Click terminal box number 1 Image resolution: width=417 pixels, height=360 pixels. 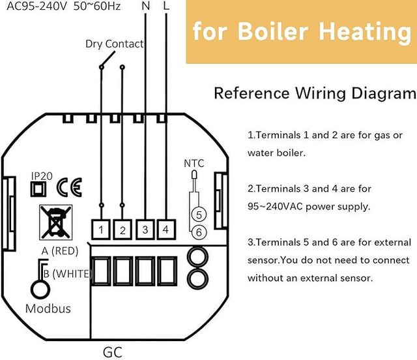pos(102,230)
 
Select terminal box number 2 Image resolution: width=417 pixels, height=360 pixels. pos(122,230)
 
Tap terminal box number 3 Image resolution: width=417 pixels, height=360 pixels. pos(145,230)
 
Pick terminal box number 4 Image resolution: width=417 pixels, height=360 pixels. pos(166,230)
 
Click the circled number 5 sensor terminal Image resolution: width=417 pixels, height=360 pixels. pos(200,214)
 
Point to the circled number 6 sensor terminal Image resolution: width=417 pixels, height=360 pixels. pos(200,232)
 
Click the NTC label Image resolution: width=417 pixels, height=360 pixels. pos(194,162)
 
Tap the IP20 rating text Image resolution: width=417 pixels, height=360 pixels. pos(42,175)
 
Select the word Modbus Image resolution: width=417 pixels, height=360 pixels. pos(47,308)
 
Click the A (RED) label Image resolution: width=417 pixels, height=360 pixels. pos(60,251)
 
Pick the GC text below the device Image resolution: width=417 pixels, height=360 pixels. pos(112,352)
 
